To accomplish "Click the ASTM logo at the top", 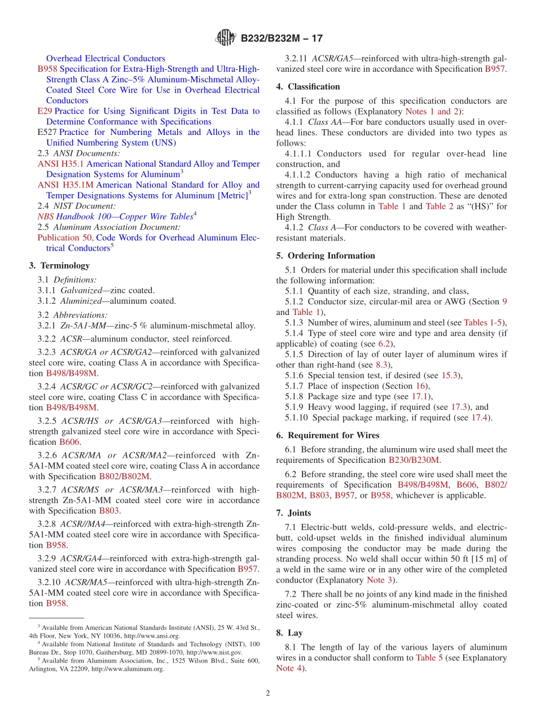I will (226, 38).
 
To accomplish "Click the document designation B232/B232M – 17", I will (282, 39).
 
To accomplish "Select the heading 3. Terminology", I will (59, 265).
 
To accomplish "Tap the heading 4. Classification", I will (308, 86).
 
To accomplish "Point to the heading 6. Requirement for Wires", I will (328, 435).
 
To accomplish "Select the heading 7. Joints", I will (293, 513).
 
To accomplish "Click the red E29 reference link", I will (45, 111).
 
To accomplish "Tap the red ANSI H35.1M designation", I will (65, 185).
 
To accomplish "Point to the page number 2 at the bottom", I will (268, 693).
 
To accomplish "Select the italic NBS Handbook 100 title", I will (115, 217).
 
